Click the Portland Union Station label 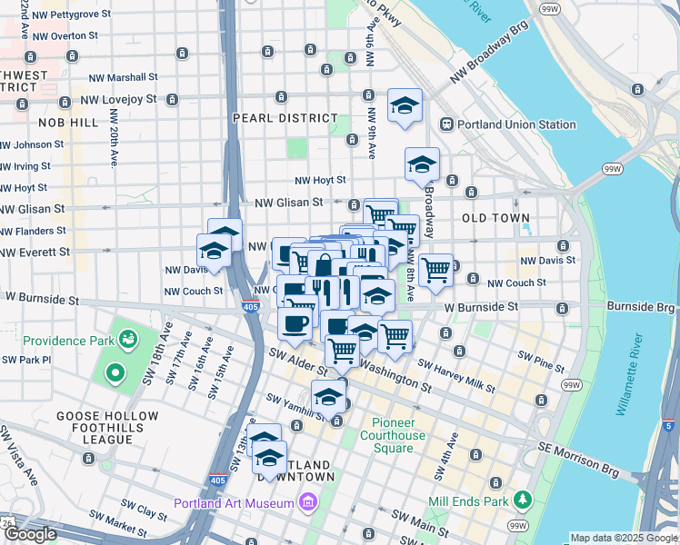(x=516, y=124)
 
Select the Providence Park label (x=68, y=342)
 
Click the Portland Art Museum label (x=235, y=503)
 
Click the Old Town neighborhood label (x=496, y=218)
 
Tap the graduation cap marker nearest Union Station (x=405, y=106)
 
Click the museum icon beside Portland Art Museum (x=307, y=502)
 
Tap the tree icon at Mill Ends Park (x=522, y=499)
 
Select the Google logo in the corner (x=30, y=534)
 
